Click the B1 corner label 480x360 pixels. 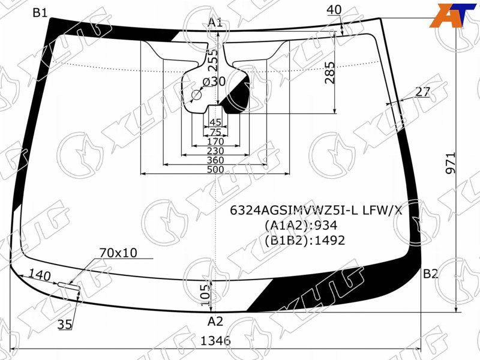pos(40,13)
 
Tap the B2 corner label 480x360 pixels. pos(431,274)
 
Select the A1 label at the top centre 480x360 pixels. pos(215,22)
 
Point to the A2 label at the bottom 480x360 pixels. pos(215,322)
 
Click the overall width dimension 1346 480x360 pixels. pos(215,340)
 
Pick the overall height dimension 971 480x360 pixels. pos(451,163)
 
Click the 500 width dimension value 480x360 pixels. pos(215,169)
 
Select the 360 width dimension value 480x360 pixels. pos(215,160)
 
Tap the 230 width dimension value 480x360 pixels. pos(215,151)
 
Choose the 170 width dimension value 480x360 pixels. pos(215,142)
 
